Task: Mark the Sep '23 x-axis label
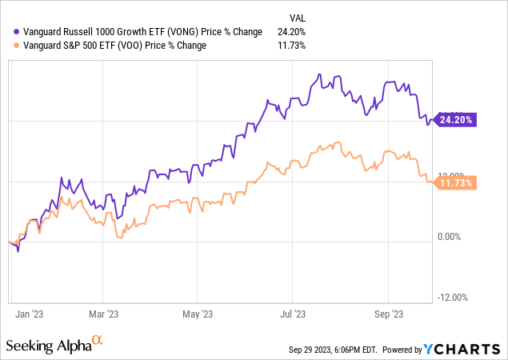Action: [x=388, y=314]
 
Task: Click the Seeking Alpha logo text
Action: [x=47, y=346]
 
